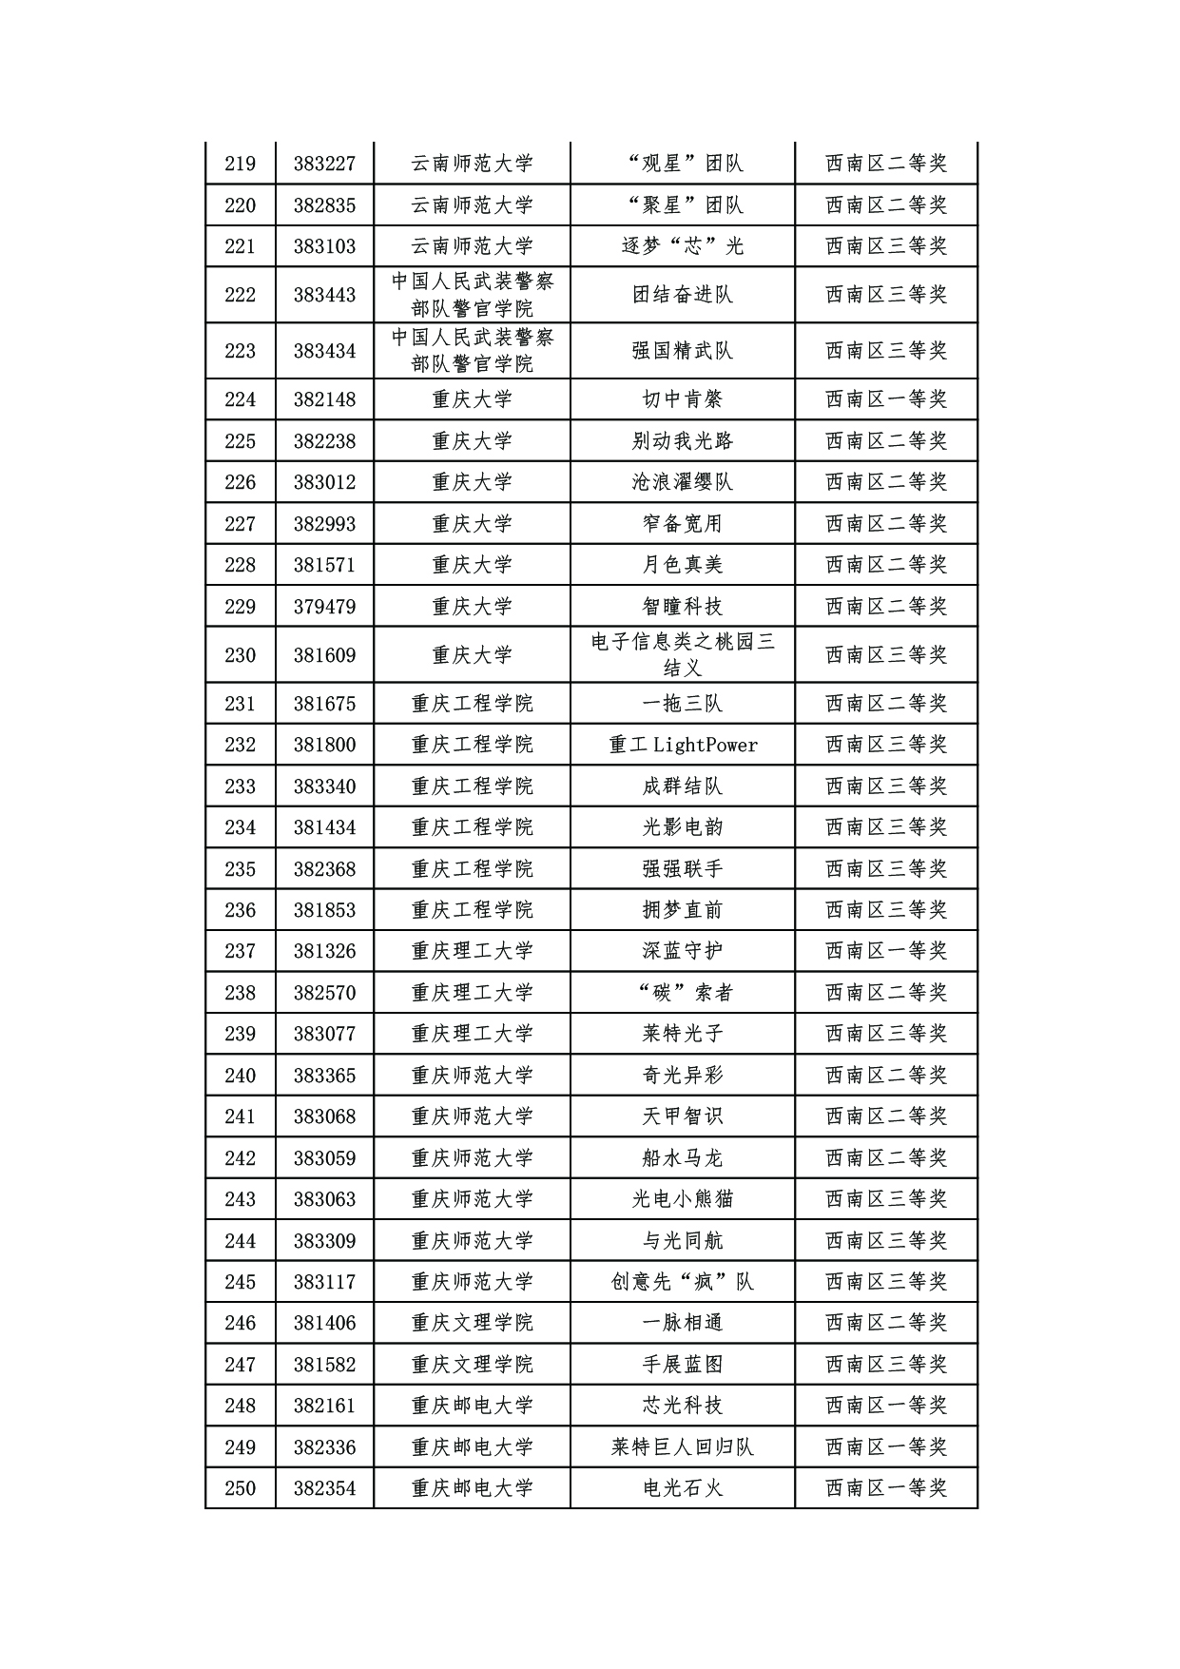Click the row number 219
tap(240, 164)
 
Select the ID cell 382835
tap(324, 205)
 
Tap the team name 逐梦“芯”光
tap(682, 246)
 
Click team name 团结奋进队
tap(682, 295)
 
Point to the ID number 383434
tap(324, 351)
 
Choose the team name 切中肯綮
tap(682, 399)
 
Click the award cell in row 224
tap(885, 399)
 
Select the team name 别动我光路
tap(682, 441)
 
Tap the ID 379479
tap(324, 607)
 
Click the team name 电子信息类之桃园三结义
tap(682, 655)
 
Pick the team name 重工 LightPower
tap(682, 745)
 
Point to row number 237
tap(240, 951)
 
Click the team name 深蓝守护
tap(682, 951)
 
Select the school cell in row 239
tap(472, 1034)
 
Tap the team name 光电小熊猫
tap(682, 1199)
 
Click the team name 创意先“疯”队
tap(682, 1282)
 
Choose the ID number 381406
tap(324, 1323)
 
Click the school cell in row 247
tap(472, 1365)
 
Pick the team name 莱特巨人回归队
tap(682, 1447)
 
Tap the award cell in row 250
tap(885, 1488)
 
